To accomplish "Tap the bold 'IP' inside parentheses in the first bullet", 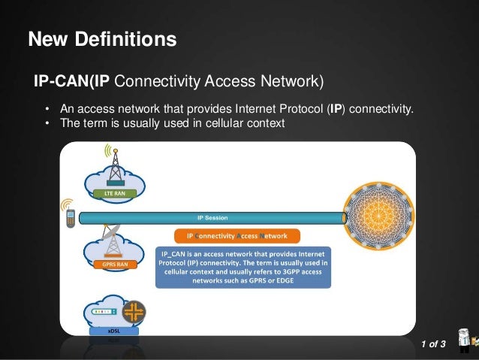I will click(336, 110).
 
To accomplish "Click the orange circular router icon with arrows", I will click(134, 312).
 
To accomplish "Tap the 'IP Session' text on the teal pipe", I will click(212, 218).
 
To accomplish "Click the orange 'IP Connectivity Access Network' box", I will click(236, 235).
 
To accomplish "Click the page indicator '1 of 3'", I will click(433, 344).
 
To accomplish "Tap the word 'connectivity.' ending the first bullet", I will click(381, 110).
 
